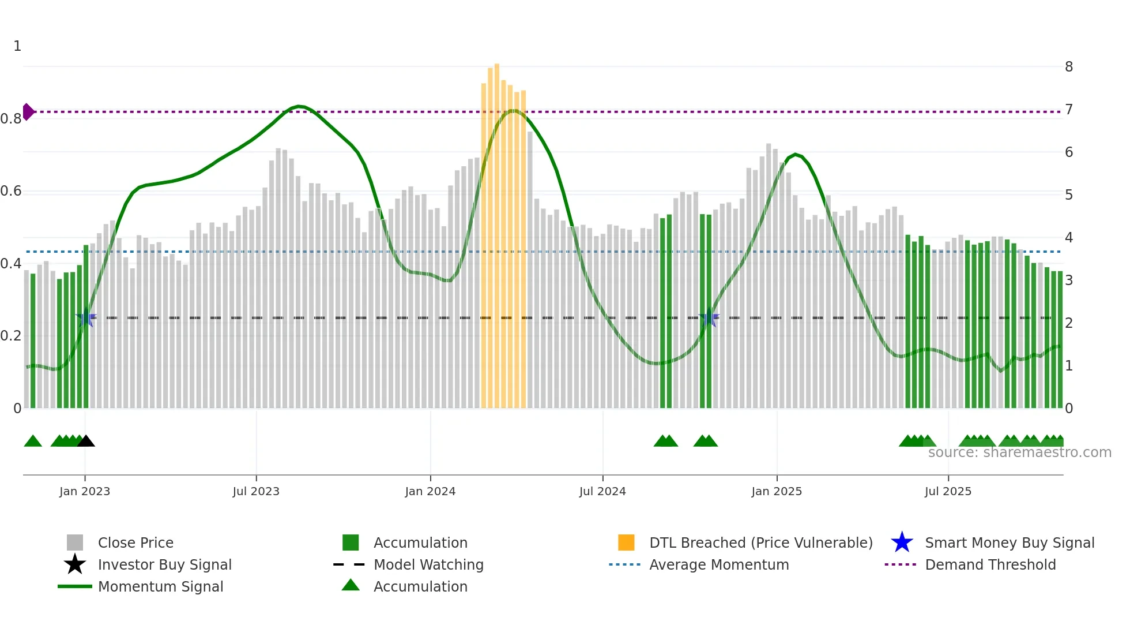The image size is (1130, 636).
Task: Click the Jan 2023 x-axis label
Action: [85, 491]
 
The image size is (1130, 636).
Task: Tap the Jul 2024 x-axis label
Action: [602, 491]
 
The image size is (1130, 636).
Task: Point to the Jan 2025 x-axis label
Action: [777, 491]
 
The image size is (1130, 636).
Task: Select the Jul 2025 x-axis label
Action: [948, 491]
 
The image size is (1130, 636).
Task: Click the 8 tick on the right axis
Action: [1069, 67]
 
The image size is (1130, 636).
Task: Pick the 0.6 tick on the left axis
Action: [11, 191]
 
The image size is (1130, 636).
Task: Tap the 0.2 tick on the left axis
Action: [11, 336]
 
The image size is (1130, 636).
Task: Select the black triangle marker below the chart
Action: [86, 441]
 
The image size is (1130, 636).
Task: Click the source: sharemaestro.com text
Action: [1019, 452]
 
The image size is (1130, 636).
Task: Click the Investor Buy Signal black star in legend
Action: [75, 564]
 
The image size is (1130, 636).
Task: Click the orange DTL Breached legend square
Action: [626, 543]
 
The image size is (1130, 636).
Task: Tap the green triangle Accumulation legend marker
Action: [351, 585]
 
